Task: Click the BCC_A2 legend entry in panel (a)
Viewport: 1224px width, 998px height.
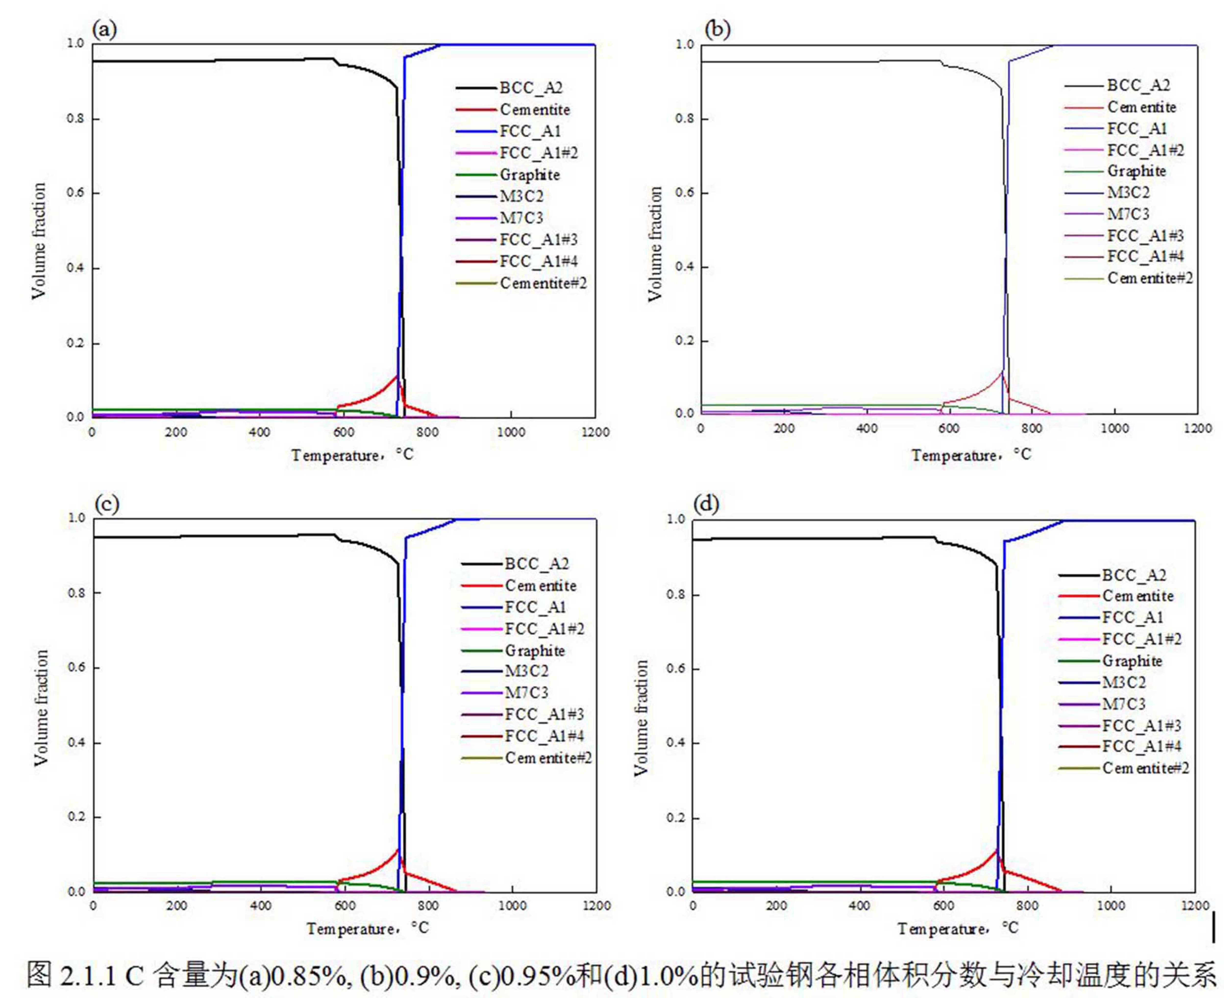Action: (x=530, y=88)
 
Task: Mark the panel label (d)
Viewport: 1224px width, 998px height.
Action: (x=706, y=504)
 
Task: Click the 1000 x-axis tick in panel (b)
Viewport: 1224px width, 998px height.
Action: (x=1115, y=428)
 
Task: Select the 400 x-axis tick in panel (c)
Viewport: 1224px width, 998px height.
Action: (x=260, y=906)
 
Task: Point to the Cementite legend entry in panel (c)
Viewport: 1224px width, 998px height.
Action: (x=540, y=586)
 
